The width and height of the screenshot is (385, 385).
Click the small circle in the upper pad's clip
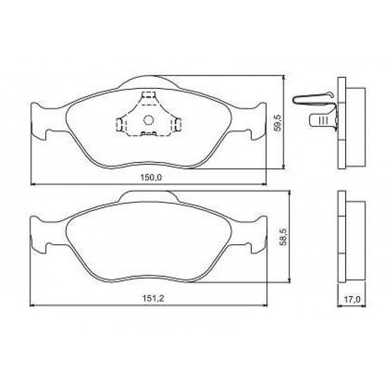pyautogui.click(x=148, y=120)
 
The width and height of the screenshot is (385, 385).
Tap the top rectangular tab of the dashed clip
pyautogui.click(x=149, y=95)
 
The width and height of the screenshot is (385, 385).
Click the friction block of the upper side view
pyautogui.click(x=355, y=127)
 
